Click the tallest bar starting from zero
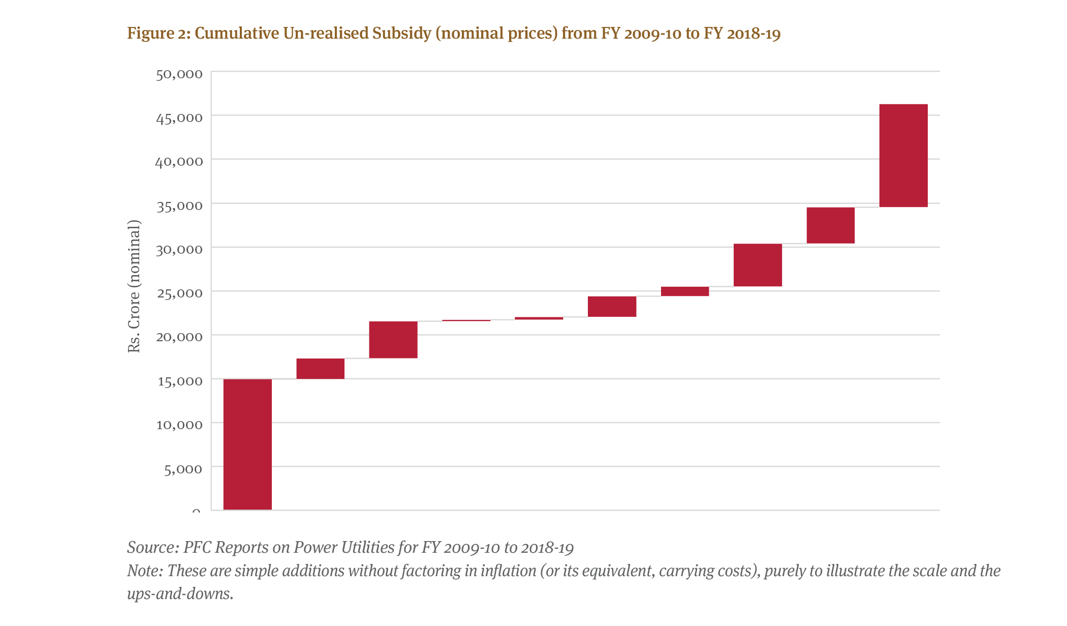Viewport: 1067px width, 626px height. [x=247, y=444]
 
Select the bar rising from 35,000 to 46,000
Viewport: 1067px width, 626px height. [x=903, y=156]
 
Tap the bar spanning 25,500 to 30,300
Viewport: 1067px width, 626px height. [x=758, y=265]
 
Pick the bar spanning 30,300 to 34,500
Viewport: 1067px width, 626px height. [x=830, y=225]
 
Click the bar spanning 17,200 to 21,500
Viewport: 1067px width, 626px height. [x=393, y=340]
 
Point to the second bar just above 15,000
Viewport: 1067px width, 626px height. [x=320, y=369]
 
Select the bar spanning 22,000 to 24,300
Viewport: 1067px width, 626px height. [x=612, y=307]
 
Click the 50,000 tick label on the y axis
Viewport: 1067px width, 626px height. [x=179, y=74]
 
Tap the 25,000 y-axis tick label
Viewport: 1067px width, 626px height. [x=179, y=293]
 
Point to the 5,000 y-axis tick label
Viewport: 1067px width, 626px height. [x=183, y=469]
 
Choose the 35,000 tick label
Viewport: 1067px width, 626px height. [x=179, y=205]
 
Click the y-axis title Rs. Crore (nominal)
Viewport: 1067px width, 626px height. [x=134, y=286]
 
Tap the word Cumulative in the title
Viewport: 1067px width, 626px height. [x=237, y=34]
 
